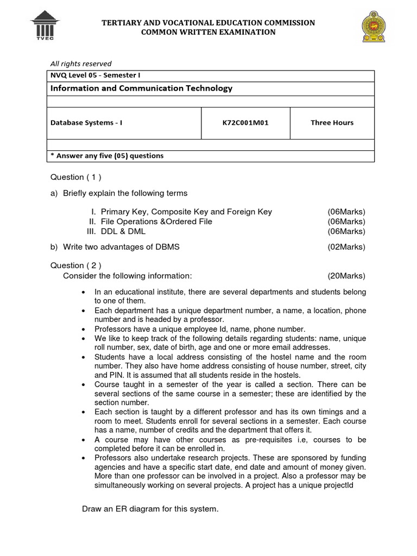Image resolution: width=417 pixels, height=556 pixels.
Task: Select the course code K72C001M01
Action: tap(245, 123)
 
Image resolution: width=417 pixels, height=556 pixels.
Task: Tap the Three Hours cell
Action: tap(332, 123)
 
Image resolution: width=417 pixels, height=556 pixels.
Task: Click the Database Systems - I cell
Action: tap(87, 123)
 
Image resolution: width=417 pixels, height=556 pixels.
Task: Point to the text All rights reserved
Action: tap(81, 64)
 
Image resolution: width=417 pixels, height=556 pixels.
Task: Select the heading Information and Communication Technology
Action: tap(142, 88)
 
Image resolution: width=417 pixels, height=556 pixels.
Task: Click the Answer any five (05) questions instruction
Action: tap(107, 156)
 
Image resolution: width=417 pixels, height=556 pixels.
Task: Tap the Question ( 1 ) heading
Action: tap(75, 177)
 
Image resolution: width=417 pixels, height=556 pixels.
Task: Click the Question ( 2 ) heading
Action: tap(75, 266)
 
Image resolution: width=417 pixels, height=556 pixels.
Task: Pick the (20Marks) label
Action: tap(346, 275)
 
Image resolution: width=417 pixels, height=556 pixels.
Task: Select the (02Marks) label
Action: tap(346, 247)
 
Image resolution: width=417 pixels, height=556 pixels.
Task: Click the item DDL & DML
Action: tap(123, 231)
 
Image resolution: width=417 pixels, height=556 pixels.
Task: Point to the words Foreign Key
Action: tap(250, 212)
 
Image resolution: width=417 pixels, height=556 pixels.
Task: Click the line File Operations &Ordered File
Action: tap(156, 222)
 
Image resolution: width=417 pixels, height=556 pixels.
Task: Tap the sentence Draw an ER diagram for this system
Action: tap(150, 509)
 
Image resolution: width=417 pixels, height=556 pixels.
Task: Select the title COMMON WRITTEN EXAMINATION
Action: tap(208, 32)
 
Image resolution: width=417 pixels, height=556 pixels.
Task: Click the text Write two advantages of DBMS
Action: tap(121, 247)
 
